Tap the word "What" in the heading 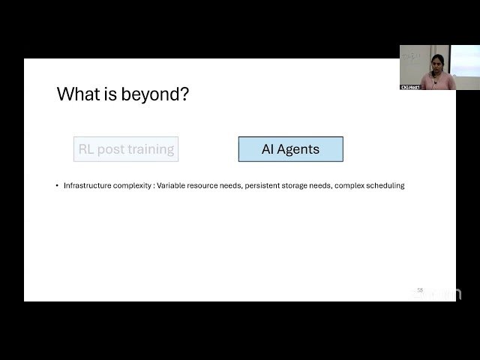pyautogui.click(x=76, y=94)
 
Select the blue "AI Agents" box pyautogui.click(x=290, y=149)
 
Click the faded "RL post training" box pyautogui.click(x=126, y=149)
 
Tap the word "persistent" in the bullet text pyautogui.click(x=264, y=185)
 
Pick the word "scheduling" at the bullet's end pyautogui.click(x=385, y=185)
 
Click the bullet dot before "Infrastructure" pyautogui.click(x=57, y=185)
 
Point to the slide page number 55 pyautogui.click(x=420, y=289)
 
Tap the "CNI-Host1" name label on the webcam pyautogui.click(x=409, y=87)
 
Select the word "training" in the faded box pyautogui.click(x=151, y=149)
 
